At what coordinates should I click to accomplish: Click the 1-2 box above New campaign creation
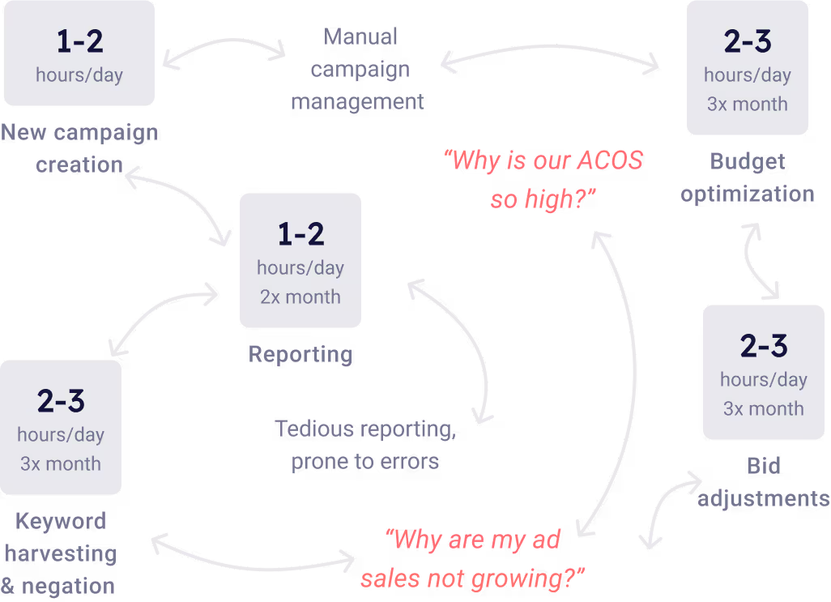point(79,54)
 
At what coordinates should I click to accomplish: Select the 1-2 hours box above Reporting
point(300,260)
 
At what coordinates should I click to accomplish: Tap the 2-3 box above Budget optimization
point(748,68)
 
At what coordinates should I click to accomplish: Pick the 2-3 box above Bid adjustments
point(764,373)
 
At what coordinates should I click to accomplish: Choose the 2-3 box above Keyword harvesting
point(61,428)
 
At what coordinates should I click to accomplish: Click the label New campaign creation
point(79,148)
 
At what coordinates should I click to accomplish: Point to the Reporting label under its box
point(300,354)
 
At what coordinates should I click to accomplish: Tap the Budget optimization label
point(748,177)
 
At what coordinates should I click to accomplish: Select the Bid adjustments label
point(764,482)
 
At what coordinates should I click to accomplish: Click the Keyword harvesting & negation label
point(61,553)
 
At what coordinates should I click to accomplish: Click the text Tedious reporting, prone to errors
point(365,445)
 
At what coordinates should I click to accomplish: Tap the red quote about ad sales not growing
point(473,559)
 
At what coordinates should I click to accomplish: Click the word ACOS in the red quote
point(609,160)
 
